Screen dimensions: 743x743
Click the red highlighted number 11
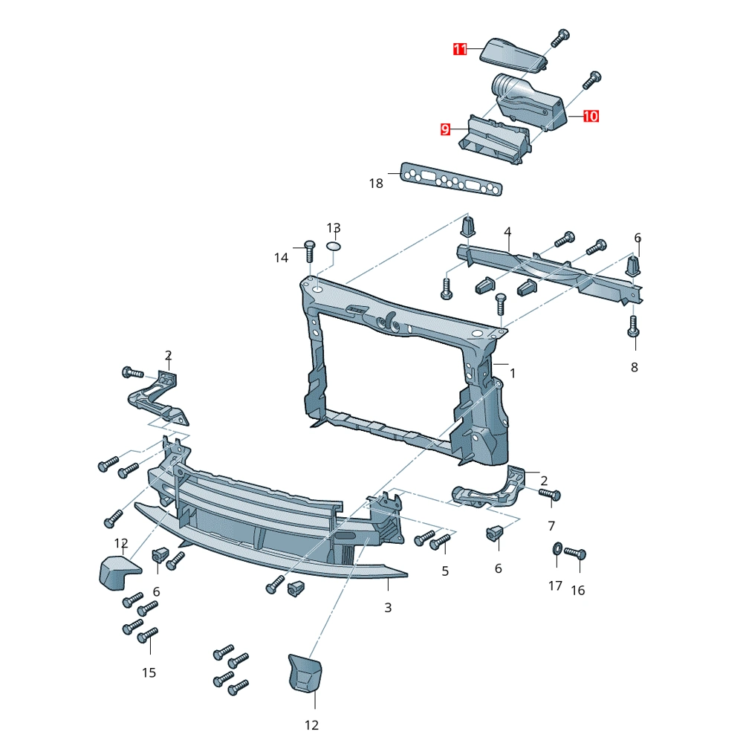tap(460, 49)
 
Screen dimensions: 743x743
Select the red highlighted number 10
tap(591, 116)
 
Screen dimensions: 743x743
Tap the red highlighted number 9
tap(445, 129)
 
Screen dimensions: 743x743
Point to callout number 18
tap(376, 184)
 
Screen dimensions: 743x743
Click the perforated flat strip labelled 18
tap(451, 179)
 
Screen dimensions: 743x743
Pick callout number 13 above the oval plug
tap(334, 228)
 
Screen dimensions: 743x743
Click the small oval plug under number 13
tap(334, 247)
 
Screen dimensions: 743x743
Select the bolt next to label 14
tap(309, 252)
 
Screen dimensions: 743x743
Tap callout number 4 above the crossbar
tap(507, 232)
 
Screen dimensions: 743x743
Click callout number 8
tap(635, 367)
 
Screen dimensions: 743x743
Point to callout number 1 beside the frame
tap(513, 374)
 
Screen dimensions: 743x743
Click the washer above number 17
tap(557, 549)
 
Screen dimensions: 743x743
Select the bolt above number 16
tap(575, 553)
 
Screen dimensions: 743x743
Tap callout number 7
tap(551, 526)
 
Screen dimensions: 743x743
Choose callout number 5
tap(445, 571)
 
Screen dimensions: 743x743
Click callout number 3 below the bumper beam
tap(388, 608)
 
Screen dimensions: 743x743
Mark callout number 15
tap(149, 673)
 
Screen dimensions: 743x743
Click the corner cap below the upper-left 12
tap(120, 572)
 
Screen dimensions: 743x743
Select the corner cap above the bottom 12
tap(305, 672)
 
